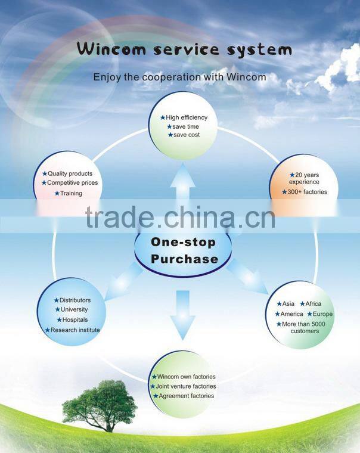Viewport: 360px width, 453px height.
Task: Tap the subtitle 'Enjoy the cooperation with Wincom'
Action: [x=179, y=77]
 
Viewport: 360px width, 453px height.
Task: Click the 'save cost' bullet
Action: [x=186, y=135]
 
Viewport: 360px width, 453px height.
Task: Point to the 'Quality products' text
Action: [x=70, y=173]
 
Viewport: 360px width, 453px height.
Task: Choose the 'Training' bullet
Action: [x=71, y=193]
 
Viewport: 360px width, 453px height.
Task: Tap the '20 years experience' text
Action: [x=304, y=178]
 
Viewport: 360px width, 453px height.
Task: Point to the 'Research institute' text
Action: [x=75, y=330]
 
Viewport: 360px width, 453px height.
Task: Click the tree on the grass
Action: [x=100, y=404]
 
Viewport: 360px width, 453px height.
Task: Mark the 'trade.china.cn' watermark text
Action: [x=180, y=218]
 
